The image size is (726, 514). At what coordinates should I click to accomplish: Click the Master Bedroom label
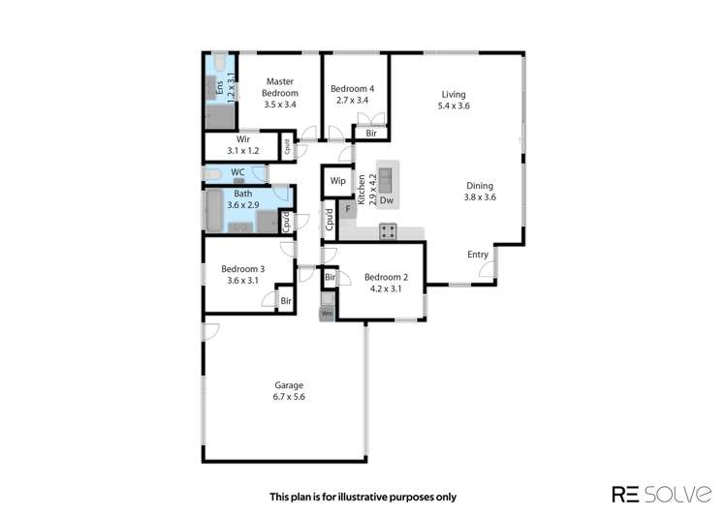click(279, 87)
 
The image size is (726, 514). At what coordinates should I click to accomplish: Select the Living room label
click(454, 94)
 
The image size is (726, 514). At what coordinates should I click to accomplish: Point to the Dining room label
click(479, 186)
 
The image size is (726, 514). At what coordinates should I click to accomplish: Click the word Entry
click(478, 255)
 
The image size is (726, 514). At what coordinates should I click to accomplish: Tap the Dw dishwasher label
click(385, 201)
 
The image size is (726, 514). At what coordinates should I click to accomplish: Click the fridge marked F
click(347, 209)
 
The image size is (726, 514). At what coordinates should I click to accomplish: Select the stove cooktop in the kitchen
click(388, 230)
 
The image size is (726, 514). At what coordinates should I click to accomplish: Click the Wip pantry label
click(338, 181)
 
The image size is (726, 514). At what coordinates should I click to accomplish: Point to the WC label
click(237, 173)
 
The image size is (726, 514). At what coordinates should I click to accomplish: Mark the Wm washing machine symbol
click(328, 314)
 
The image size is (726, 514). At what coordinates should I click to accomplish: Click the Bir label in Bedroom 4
click(371, 133)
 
